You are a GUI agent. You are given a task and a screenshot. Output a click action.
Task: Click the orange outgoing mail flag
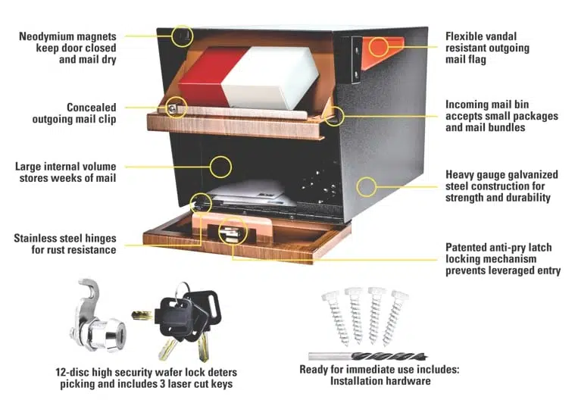pyautogui.click(x=381, y=52)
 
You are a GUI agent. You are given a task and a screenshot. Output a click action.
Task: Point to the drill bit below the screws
pyautogui.click(x=368, y=356)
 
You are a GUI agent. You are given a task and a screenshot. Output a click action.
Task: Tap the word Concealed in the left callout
pyautogui.click(x=92, y=108)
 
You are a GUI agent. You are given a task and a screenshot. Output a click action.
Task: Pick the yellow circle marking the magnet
pyautogui.click(x=183, y=36)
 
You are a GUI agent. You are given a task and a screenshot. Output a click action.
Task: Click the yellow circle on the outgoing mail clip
pyautogui.click(x=176, y=108)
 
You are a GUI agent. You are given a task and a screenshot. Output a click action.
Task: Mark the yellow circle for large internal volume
pyautogui.click(x=220, y=167)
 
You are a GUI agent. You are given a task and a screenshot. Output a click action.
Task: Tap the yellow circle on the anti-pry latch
pyautogui.click(x=233, y=231)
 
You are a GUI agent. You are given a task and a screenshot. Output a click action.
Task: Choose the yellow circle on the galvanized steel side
pyautogui.click(x=367, y=186)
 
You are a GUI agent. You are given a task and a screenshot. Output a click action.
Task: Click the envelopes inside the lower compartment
pyautogui.click(x=250, y=193)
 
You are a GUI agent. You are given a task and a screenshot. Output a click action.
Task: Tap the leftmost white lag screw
pyautogui.click(x=336, y=317)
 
